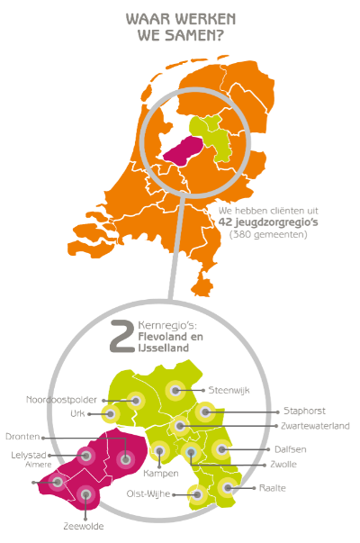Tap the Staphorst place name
pyautogui.click(x=301, y=411)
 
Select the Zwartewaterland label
pyautogui.click(x=315, y=425)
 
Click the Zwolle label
pyautogui.click(x=283, y=465)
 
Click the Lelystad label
pyautogui.click(x=27, y=455)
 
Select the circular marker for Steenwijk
pyautogui.click(x=176, y=391)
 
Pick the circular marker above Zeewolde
pyautogui.click(x=86, y=493)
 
